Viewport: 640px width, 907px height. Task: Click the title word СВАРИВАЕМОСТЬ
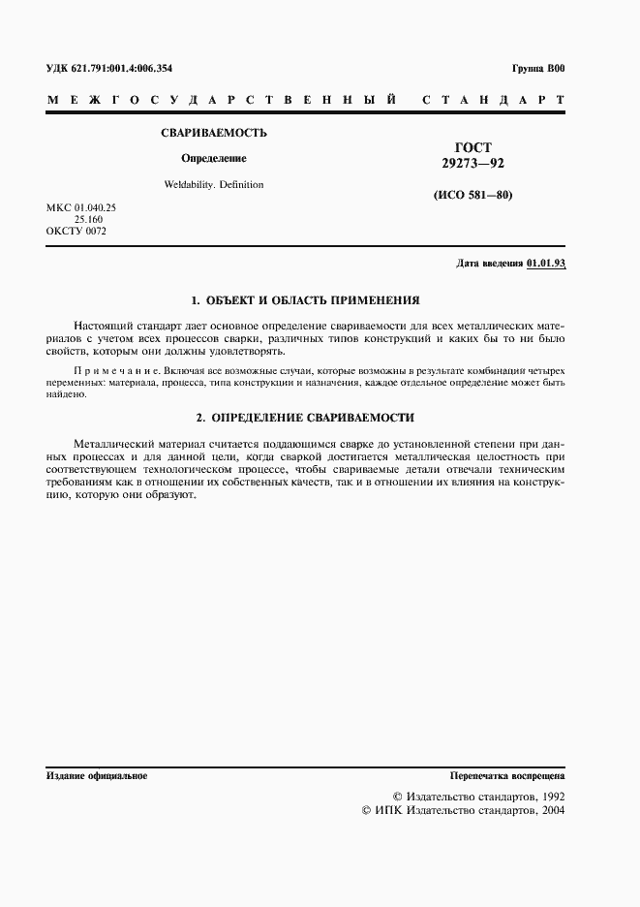pos(214,133)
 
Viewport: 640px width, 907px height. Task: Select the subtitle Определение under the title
pos(214,158)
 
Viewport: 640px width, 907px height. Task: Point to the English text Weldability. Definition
pos(214,184)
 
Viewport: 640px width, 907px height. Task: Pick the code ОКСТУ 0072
pos(76,232)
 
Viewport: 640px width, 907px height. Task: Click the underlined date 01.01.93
pos(546,264)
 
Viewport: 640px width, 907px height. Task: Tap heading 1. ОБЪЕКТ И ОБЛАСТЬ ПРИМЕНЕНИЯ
pos(305,300)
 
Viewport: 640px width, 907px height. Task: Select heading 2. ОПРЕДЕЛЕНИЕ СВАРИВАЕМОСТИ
pos(305,418)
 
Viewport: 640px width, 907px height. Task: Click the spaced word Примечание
pos(107,371)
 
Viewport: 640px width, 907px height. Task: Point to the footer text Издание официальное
pos(96,776)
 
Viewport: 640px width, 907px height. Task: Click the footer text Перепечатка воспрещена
pos(507,776)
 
